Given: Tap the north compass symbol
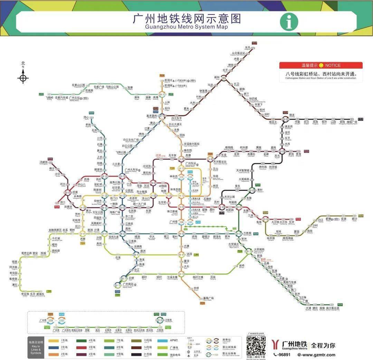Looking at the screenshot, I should [23, 76].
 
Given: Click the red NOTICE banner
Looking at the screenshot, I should [321, 65].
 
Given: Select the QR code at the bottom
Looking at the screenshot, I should [256, 346].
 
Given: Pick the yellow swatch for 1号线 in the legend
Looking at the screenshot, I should [53, 341].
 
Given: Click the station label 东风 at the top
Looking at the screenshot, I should [248, 48].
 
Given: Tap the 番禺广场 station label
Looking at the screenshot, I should [208, 298].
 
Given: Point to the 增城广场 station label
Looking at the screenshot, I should [352, 122].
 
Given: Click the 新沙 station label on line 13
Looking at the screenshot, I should [355, 219].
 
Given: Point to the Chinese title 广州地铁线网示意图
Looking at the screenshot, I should [186, 19].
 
